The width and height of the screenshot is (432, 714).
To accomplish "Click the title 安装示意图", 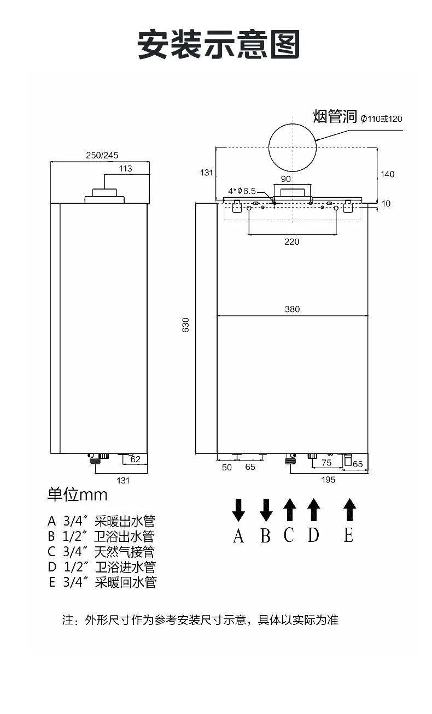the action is tap(219, 44).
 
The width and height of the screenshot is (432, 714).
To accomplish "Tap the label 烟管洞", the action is tap(335, 116).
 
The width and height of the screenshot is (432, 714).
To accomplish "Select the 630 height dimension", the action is tap(185, 325).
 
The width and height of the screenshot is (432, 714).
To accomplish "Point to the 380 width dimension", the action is tap(292, 309).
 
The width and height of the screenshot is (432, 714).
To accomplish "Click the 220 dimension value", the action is tap(292, 241).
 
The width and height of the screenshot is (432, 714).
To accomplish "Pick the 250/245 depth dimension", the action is tap(102, 155).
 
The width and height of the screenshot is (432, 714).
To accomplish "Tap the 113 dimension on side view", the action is tap(125, 168).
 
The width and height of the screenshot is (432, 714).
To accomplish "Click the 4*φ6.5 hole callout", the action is tap(242, 191).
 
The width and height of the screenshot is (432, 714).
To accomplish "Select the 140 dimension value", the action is tap(387, 174).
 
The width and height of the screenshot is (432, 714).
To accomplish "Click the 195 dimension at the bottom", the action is tap(328, 480).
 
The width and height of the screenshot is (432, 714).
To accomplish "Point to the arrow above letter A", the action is tap(238, 510).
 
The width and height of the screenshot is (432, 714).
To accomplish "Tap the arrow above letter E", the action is tap(349, 510).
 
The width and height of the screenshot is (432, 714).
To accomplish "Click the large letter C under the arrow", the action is tap(289, 535).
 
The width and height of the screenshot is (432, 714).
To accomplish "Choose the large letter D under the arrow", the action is tap(313, 535).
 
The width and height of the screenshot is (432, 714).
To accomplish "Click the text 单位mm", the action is tap(77, 495).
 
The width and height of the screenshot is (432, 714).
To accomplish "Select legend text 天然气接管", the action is tap(125, 551).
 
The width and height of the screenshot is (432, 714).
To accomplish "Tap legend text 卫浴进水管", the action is tap(125, 567).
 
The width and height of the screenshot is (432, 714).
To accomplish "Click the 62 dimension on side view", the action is tap(135, 459).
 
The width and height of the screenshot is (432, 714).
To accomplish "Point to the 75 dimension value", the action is tap(326, 463).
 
